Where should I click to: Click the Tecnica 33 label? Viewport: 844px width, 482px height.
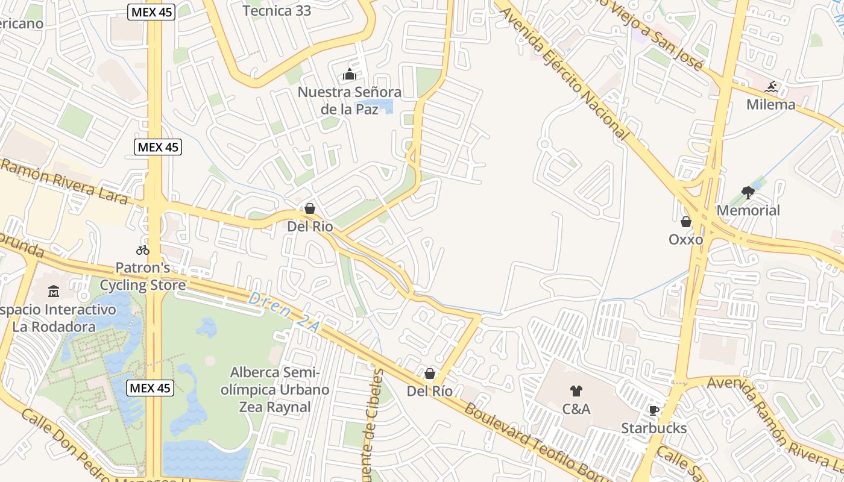pos(277,11)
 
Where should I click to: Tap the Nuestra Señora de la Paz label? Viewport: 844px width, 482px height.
pos(350,101)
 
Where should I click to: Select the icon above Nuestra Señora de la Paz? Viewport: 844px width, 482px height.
pos(350,75)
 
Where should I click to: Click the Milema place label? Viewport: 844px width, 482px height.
pos(770,104)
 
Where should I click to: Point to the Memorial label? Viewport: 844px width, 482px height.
pos(748,210)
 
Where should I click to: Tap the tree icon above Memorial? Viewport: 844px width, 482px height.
pos(748,193)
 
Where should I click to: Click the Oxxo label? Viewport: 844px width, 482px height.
pos(685,239)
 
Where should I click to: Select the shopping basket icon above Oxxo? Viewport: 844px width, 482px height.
pos(685,222)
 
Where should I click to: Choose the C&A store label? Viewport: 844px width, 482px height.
pos(576,409)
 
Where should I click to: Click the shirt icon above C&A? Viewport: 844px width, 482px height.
pos(576,391)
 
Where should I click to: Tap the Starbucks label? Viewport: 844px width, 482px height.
pos(653,428)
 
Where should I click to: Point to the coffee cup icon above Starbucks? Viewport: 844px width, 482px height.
pos(653,411)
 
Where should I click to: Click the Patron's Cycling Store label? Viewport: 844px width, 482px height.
pos(143,276)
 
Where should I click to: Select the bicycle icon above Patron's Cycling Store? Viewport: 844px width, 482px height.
pos(143,250)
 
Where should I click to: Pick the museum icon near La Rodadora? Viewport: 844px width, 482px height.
pos(53,292)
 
